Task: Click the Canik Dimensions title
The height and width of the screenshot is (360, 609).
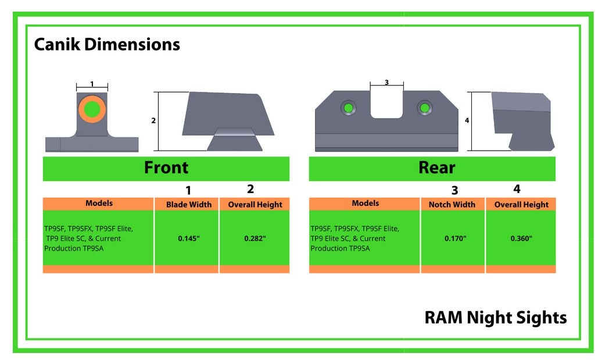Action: [107, 45]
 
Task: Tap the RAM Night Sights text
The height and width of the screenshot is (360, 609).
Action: [495, 318]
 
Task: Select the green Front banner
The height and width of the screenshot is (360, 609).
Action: [166, 168]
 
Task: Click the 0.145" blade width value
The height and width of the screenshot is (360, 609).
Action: [189, 238]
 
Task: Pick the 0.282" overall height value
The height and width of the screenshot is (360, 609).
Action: [255, 238]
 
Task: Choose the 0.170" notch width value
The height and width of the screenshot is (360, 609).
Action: [455, 238]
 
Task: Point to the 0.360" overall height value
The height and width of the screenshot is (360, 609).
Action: [521, 238]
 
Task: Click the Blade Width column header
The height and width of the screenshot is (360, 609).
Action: [189, 205]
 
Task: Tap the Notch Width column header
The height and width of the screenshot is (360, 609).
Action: [452, 205]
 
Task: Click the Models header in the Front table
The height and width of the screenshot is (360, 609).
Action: [99, 204]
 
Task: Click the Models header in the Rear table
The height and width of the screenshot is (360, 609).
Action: [365, 204]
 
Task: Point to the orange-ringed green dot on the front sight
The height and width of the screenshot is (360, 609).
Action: [92, 109]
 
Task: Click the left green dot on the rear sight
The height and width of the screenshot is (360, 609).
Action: [348, 108]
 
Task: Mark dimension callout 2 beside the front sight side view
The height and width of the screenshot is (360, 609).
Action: [153, 121]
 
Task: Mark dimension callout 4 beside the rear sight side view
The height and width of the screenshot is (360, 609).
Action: [467, 121]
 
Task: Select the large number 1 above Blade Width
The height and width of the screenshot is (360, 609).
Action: [188, 190]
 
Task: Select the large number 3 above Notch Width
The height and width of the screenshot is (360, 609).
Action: [454, 190]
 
